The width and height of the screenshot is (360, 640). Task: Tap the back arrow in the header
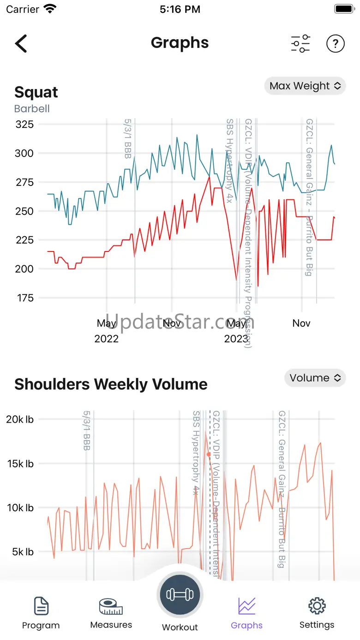[21, 43]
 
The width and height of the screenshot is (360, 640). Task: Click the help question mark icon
[336, 43]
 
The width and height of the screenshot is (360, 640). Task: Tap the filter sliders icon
[300, 43]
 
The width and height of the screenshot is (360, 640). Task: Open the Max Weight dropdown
[305, 86]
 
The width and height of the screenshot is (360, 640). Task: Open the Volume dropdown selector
[315, 378]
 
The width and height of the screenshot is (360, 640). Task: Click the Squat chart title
[36, 92]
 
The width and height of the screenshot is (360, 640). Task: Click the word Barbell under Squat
[32, 109]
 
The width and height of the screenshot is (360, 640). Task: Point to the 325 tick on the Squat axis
[24, 124]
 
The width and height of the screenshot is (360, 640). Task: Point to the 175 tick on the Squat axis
[24, 298]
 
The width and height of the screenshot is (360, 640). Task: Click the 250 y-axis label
[24, 211]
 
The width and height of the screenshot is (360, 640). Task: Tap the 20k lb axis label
[20, 419]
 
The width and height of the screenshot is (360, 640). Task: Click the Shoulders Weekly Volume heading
[111, 384]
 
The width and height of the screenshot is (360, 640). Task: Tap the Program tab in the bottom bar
[41, 613]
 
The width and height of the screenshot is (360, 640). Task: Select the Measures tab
[111, 613]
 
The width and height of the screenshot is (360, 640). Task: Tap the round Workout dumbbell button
[180, 595]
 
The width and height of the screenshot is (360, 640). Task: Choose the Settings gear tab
[317, 613]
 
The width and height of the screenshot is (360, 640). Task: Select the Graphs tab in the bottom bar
[246, 613]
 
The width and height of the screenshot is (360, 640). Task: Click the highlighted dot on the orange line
[209, 455]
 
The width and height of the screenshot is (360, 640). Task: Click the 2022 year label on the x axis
[107, 339]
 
